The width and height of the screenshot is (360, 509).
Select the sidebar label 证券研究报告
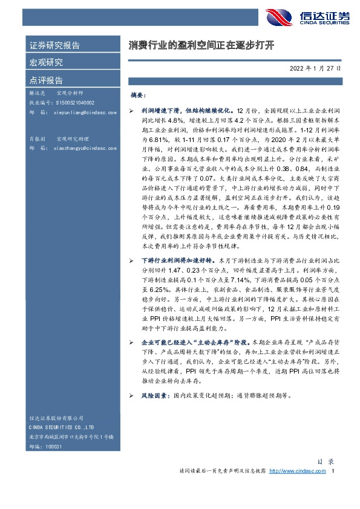click(54, 46)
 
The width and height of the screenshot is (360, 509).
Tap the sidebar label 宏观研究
click(46, 62)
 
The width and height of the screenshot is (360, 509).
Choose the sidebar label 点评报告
click(46, 79)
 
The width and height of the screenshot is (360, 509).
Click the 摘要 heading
click(138, 96)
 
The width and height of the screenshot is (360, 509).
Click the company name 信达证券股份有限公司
click(58, 419)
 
